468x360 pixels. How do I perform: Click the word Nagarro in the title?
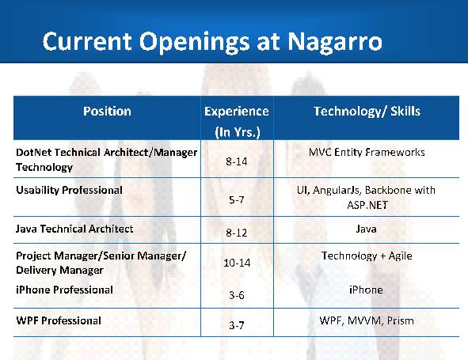pyautogui.click(x=335, y=41)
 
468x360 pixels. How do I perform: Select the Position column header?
pyautogui.click(x=107, y=111)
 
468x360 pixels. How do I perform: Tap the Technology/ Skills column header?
pyautogui.click(x=367, y=112)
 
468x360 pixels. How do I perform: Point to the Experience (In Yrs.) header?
pyautogui.click(x=237, y=121)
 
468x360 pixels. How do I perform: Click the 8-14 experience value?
pyautogui.click(x=237, y=161)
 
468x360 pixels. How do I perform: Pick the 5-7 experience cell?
pyautogui.click(x=237, y=199)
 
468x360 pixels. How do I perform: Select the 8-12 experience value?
pyautogui.click(x=237, y=233)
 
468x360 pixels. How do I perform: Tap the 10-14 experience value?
pyautogui.click(x=237, y=263)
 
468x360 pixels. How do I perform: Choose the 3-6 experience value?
pyautogui.click(x=237, y=295)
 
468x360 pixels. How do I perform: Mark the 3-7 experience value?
pyautogui.click(x=237, y=325)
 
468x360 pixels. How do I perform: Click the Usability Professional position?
pyautogui.click(x=69, y=191)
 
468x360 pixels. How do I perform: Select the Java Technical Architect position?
pyautogui.click(x=74, y=229)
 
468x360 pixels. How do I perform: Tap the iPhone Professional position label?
pyautogui.click(x=64, y=290)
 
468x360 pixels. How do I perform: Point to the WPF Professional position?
pyautogui.click(x=59, y=320)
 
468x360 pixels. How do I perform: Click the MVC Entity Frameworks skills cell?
pyautogui.click(x=367, y=152)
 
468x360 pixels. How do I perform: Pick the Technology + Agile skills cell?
pyautogui.click(x=367, y=256)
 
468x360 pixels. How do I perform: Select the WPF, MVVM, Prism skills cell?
pyautogui.click(x=367, y=320)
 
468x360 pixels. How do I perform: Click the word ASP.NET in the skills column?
pyautogui.click(x=367, y=205)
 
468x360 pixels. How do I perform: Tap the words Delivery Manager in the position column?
pyautogui.click(x=59, y=271)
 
